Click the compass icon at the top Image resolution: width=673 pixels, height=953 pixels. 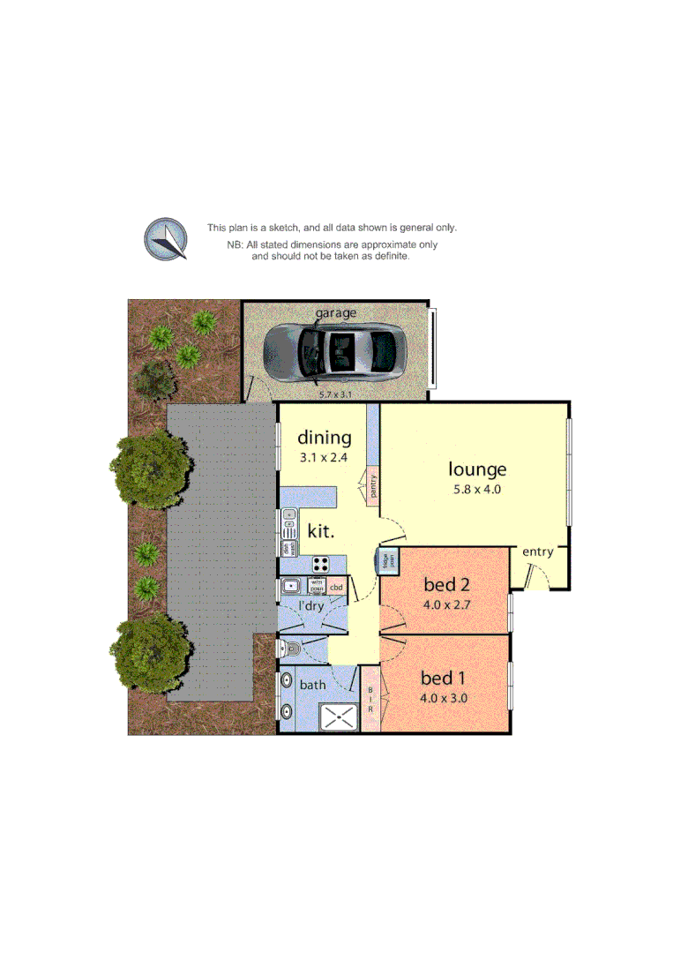(166, 238)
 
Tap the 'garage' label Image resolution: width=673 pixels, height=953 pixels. (336, 313)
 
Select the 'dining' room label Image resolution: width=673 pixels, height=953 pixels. (324, 438)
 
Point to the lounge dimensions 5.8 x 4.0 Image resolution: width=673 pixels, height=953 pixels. (475, 490)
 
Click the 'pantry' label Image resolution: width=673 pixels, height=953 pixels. (374, 485)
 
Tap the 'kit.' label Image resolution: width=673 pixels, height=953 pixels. (320, 531)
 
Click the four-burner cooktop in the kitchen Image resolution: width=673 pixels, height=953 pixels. (321, 563)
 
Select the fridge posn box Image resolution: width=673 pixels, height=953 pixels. (386, 560)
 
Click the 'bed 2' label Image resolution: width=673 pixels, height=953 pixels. (445, 584)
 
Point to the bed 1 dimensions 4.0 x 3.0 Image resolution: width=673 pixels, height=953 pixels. (444, 698)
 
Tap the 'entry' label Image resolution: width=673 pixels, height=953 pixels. (537, 552)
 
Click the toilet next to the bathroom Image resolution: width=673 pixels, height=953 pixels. (288, 649)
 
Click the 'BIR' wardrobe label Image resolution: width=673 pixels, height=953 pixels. (370, 700)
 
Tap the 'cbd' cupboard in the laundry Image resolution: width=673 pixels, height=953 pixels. (336, 587)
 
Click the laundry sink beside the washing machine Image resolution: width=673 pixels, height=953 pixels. (291, 585)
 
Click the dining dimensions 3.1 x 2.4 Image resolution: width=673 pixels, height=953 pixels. (324, 459)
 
